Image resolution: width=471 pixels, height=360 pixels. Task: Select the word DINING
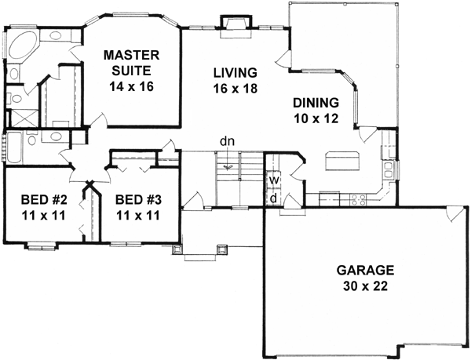coord(316,103)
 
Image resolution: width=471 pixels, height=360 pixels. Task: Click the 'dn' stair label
coord(228,141)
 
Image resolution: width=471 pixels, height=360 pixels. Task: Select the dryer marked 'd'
coord(272,198)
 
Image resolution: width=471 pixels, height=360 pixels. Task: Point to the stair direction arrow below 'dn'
coord(228,166)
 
